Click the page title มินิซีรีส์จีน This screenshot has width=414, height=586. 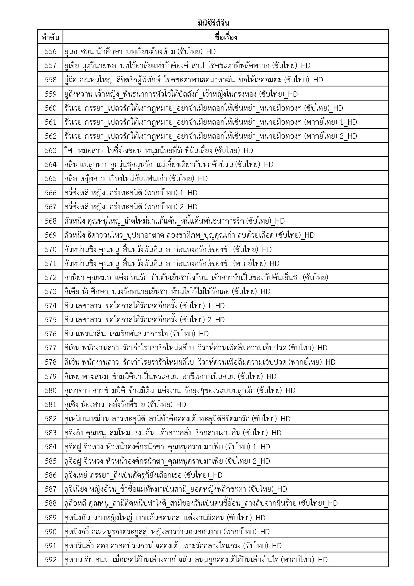coord(213,23)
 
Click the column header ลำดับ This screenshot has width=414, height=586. coord(50,37)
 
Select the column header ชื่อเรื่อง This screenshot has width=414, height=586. coord(226,37)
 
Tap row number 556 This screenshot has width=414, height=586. coord(51,51)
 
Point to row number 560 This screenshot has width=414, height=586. coord(51,108)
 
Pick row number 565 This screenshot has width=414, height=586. coord(51,178)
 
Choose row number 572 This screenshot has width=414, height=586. coord(51,277)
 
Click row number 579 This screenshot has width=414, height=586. coord(51,376)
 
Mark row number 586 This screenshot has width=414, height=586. coord(51,475)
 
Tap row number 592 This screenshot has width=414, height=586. coord(51,560)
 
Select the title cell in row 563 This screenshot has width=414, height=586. coord(159,150)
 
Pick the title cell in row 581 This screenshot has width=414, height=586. coord(125,404)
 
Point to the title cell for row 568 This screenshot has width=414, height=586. coord(174,221)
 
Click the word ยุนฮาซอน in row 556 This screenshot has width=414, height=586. coord(75,52)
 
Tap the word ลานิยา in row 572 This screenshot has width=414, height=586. coord(74,277)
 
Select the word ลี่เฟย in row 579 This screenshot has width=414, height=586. coord(72,376)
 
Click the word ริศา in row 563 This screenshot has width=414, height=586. coord(70,150)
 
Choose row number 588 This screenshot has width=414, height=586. coord(51,503)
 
